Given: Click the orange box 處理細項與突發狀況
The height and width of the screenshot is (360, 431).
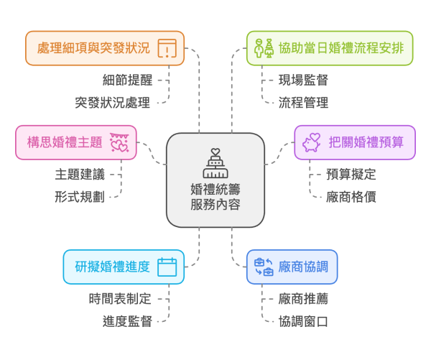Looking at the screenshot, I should click(104, 49).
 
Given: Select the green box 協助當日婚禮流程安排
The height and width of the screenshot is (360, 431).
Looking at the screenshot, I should click(329, 49).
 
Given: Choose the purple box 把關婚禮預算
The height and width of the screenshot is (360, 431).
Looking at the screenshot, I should click(355, 142).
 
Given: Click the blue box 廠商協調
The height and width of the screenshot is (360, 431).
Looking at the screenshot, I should click(292, 267).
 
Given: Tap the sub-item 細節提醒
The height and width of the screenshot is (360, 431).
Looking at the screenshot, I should click(127, 80).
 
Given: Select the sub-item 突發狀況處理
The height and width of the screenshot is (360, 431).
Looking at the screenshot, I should click(113, 102).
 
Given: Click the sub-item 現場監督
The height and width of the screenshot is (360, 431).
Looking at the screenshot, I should click(303, 80).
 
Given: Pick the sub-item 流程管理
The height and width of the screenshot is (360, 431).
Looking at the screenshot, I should click(303, 102).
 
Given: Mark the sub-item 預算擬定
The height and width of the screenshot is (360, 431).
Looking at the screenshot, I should click(351, 174).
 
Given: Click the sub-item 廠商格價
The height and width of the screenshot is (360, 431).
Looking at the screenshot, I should click(351, 196).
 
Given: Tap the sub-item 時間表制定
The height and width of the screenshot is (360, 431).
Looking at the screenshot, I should click(120, 298).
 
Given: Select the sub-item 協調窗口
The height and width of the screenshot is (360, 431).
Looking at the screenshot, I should click(303, 320).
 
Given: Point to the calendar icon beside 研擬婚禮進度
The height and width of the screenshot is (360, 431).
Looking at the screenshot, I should click(167, 267).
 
